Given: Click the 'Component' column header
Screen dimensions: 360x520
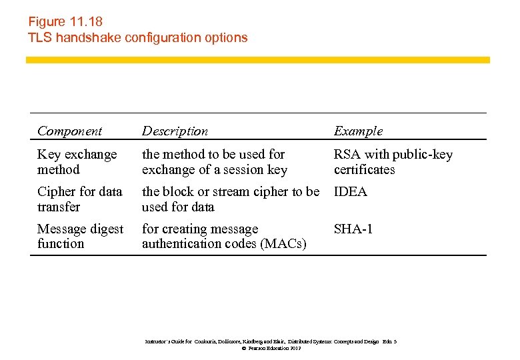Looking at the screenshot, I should pos(70,131).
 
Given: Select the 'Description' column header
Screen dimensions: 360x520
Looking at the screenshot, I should pos(175,131).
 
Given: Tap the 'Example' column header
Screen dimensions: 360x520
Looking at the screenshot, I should pos(358,131).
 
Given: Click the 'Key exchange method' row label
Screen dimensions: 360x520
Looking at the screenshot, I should pos(77,162).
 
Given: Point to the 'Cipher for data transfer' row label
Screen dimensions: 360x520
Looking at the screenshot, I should pos(79,199).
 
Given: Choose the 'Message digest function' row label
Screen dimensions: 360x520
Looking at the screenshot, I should pos(80,236).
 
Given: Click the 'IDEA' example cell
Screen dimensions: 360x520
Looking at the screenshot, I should pos(351,192).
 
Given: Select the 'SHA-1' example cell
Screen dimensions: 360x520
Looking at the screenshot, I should pos(353,229).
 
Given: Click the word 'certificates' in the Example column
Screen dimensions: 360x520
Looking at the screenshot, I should pos(364,170).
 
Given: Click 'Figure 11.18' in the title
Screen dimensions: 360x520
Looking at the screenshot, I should pos(65,21).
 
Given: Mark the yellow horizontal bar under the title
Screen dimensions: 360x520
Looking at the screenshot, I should pos(257,60).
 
